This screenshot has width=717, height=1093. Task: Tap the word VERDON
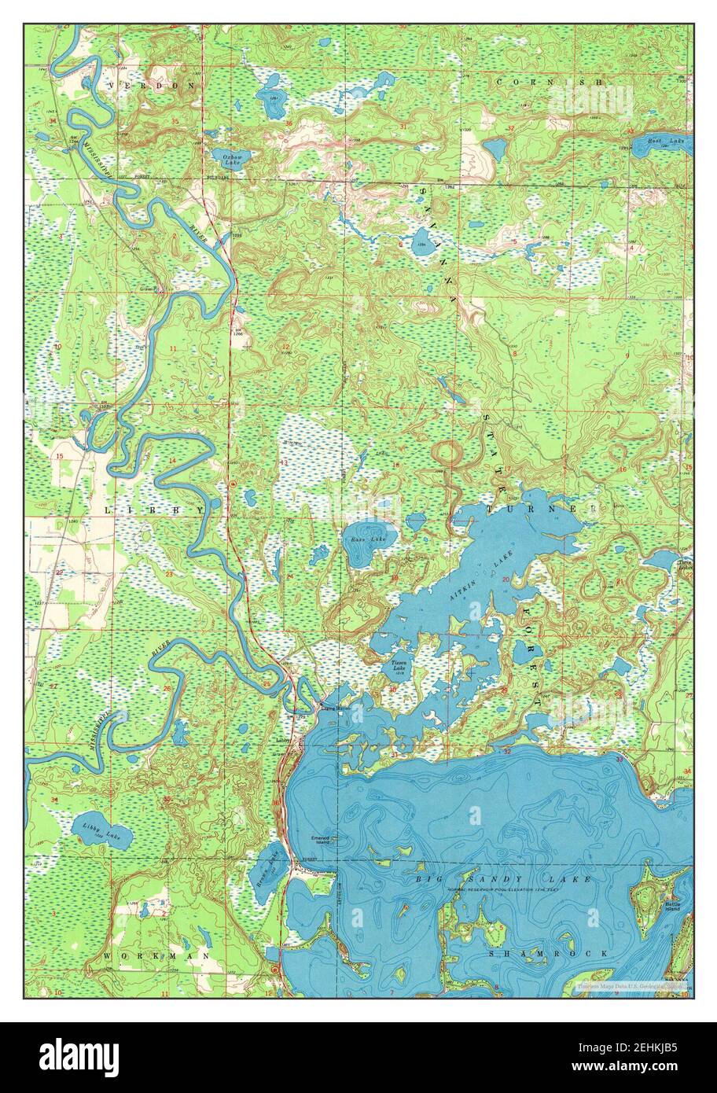pyautogui.click(x=152, y=83)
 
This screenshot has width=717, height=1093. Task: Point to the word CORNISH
pyautogui.click(x=550, y=82)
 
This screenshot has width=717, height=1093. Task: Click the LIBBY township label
pyautogui.click(x=154, y=510)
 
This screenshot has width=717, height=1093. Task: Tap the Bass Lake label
pyautogui.click(x=362, y=539)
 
